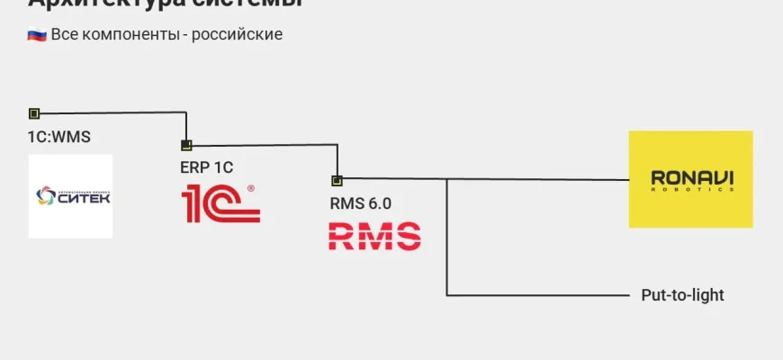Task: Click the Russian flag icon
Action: (x=37, y=35)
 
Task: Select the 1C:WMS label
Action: (x=58, y=137)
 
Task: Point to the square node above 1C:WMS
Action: (x=34, y=113)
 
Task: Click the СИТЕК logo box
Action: (x=70, y=195)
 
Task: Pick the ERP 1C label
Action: (x=206, y=167)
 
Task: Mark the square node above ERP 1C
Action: (x=186, y=145)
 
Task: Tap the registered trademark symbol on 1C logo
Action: (x=250, y=188)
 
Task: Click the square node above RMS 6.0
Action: (x=337, y=179)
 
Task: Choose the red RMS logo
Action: (x=373, y=236)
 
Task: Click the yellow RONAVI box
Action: (x=690, y=178)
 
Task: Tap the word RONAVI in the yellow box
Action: (x=690, y=176)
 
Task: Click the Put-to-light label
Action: (x=682, y=295)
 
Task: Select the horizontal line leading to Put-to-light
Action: (x=540, y=295)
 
